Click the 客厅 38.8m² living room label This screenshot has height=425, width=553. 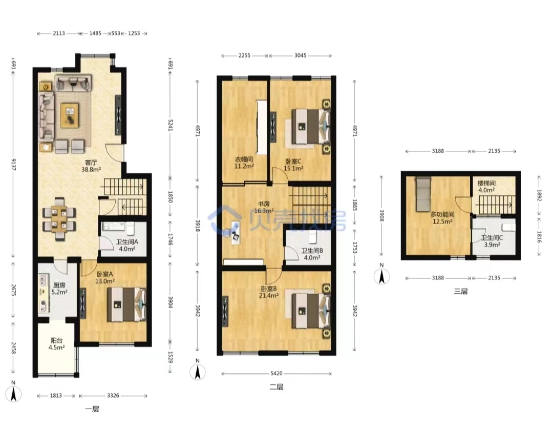tap(91, 166)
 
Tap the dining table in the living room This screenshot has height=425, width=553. tap(59, 219)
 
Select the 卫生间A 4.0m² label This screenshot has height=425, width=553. tap(127, 246)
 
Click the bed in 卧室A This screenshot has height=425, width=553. tap(126, 305)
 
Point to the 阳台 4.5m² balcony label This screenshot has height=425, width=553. tap(56, 344)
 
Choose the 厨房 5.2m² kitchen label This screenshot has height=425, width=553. tap(59, 289)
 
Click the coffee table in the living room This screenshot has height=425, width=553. tap(70, 115)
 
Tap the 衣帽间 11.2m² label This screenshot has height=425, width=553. tap(244, 163)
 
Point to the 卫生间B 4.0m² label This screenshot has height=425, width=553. tap(312, 254)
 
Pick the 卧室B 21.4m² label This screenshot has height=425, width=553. tap(269, 292)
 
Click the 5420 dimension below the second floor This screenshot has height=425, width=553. tap(276, 373)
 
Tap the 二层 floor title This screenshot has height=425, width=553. tap(276, 387)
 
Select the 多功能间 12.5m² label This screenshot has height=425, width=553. tap(442, 218)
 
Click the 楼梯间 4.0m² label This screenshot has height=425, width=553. tap(486, 187)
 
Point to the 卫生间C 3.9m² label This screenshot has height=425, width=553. tap(492, 241)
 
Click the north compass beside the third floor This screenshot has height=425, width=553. tap(381, 275)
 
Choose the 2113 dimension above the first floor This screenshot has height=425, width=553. tap(59, 33)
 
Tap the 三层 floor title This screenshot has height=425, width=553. tap(461, 291)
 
